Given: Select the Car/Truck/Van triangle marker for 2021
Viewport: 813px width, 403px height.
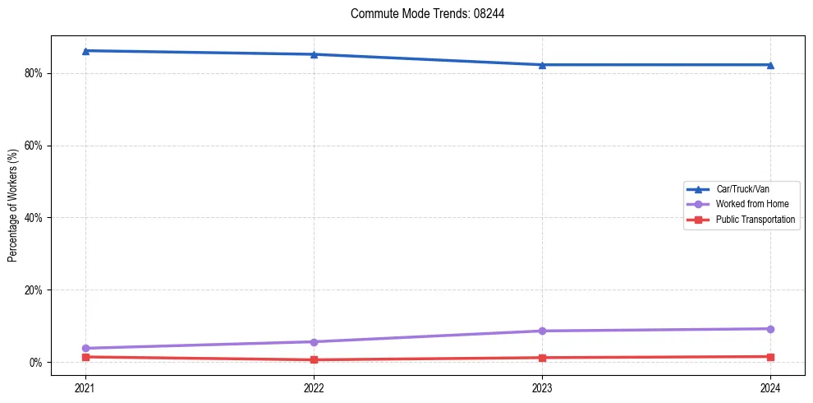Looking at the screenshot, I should [x=85, y=51].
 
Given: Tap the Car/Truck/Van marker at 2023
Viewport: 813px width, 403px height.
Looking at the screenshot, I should [x=542, y=65].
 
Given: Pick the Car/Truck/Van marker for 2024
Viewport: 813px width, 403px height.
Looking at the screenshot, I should [x=770, y=65].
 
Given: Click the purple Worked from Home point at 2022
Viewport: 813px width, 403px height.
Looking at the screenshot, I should [x=314, y=342].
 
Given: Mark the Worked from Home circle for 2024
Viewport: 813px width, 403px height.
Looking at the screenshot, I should [x=770, y=329].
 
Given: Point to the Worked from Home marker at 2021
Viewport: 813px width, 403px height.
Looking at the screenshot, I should [x=85, y=349].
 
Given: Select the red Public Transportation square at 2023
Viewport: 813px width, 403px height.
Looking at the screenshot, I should [x=542, y=358].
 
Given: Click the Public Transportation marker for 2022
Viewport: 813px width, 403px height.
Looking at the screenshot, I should [x=314, y=359].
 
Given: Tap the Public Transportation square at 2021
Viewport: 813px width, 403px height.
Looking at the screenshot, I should [x=85, y=357].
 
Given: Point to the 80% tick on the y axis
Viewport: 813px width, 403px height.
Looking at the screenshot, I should [x=34, y=73].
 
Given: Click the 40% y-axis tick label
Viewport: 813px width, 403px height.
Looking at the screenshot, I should [x=34, y=218].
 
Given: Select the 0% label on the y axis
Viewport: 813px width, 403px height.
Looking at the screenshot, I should [x=36, y=363].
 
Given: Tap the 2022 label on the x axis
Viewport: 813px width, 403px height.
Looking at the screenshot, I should [x=314, y=387].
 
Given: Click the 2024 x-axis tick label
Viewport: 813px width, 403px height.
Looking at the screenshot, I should [x=770, y=387].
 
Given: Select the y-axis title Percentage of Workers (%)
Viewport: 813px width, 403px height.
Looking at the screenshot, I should [x=12, y=206].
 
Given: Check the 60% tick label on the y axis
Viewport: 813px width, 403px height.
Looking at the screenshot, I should [x=34, y=146].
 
